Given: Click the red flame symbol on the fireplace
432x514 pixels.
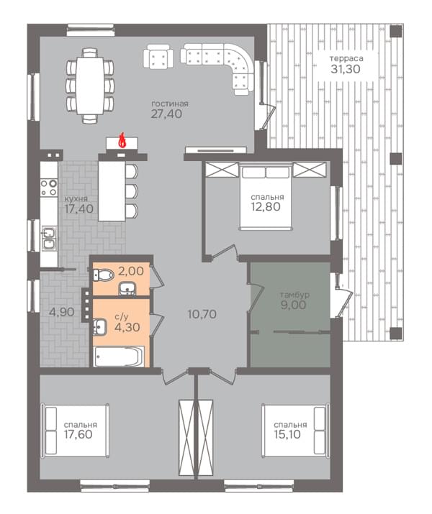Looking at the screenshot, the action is click(x=122, y=141).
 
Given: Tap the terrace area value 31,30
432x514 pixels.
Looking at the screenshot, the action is click(x=346, y=69).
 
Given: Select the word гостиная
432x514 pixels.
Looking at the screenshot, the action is click(x=170, y=104).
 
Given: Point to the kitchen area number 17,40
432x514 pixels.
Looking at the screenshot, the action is click(x=78, y=208).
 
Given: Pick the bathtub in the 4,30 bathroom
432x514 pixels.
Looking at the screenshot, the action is click(x=119, y=356).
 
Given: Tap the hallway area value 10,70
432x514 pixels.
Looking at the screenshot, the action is click(x=202, y=314).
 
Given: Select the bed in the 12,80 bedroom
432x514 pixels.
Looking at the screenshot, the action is click(x=266, y=198).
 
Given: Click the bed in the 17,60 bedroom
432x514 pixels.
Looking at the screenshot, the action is click(x=75, y=430).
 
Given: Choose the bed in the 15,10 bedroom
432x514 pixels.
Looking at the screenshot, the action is click(x=296, y=430).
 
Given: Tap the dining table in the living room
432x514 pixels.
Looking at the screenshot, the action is click(x=89, y=86).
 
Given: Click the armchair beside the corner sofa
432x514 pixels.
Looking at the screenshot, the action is click(x=158, y=56).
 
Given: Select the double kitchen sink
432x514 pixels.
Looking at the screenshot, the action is click(x=49, y=239).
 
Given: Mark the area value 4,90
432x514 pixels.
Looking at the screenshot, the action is click(x=61, y=312).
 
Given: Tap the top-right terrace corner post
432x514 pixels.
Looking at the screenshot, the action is click(x=396, y=31).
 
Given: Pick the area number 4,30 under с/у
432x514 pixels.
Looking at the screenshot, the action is click(x=127, y=327).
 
